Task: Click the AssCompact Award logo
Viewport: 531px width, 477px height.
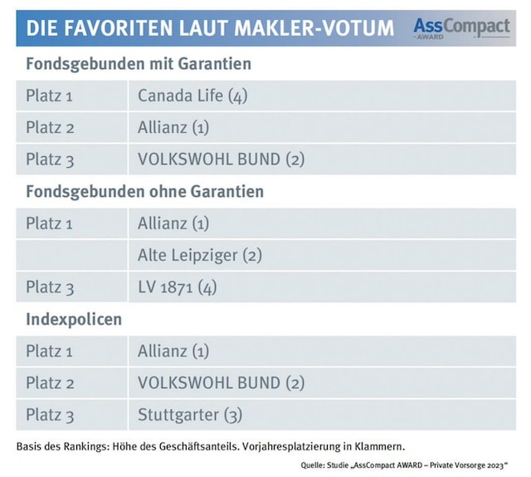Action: [461, 28]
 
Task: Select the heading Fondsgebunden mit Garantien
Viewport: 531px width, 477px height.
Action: [139, 64]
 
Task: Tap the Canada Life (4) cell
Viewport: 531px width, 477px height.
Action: [192, 96]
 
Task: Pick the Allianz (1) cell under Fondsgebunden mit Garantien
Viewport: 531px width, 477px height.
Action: [173, 127]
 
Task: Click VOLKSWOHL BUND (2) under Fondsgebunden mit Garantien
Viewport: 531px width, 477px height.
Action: [222, 160]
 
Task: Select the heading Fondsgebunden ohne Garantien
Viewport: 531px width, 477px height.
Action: [145, 192]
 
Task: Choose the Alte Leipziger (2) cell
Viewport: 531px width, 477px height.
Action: [200, 255]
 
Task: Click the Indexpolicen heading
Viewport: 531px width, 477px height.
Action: [73, 319]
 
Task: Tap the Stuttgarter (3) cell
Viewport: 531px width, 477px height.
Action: [190, 415]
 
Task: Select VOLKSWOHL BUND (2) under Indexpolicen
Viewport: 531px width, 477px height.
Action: [222, 382]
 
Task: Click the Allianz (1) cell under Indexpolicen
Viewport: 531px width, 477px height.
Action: [173, 351]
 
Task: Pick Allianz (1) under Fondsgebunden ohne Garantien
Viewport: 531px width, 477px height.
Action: [173, 224]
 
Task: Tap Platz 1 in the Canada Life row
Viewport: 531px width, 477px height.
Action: [49, 96]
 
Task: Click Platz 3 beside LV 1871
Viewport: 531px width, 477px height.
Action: [49, 288]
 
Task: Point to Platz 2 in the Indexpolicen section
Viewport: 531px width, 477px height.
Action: [49, 382]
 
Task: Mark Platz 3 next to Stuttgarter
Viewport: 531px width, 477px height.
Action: [49, 415]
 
